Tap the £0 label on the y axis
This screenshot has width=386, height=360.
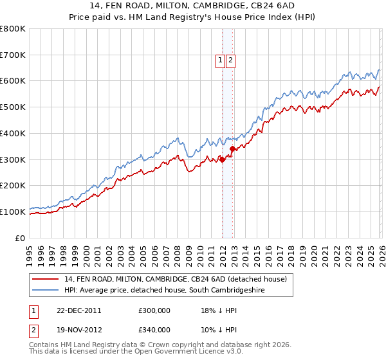(x=21, y=238)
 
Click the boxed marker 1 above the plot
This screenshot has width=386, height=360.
(x=220, y=60)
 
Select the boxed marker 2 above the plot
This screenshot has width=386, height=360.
(x=230, y=60)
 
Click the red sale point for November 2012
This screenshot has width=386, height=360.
(x=233, y=149)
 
